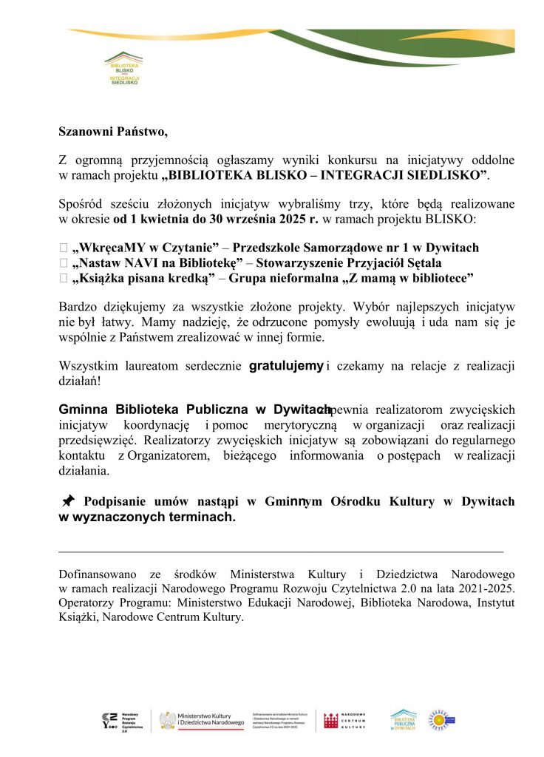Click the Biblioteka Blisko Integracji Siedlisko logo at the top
click(123, 67)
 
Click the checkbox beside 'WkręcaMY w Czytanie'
click(64, 248)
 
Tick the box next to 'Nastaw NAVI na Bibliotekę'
click(64, 262)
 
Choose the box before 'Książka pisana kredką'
click(64, 277)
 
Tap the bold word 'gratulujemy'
click(286, 365)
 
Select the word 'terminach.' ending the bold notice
click(201, 517)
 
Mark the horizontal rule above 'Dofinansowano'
click(281, 551)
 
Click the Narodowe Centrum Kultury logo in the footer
click(344, 721)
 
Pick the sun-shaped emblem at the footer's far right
click(438, 719)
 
